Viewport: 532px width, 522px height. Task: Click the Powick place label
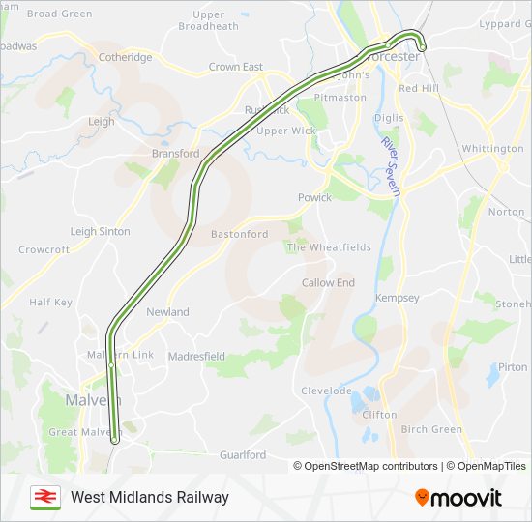point(314,197)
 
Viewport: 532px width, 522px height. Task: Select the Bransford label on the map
point(175,153)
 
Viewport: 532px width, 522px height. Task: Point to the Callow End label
point(328,282)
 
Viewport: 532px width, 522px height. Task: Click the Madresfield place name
point(196,356)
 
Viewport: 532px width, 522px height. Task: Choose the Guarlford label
point(242,454)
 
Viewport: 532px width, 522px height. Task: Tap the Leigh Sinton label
point(101,232)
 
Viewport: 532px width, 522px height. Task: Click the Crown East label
point(236,67)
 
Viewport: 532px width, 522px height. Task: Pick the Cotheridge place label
point(125,57)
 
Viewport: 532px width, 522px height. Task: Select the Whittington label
point(492,148)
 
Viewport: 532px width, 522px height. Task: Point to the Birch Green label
point(431,429)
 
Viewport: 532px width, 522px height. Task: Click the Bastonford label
point(240,234)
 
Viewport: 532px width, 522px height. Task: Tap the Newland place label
point(167,312)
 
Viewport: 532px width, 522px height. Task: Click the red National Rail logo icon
point(44,497)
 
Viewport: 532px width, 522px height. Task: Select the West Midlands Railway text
point(150,497)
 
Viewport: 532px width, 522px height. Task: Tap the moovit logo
point(458,497)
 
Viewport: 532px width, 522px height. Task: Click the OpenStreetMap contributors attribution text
point(366,466)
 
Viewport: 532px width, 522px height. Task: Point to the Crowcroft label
point(44,249)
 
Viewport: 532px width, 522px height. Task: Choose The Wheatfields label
point(328,247)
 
